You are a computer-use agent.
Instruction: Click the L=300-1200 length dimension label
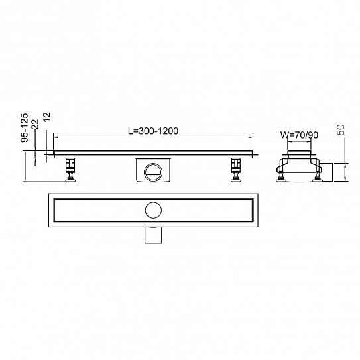(153, 131)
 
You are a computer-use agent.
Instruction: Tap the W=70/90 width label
(299, 135)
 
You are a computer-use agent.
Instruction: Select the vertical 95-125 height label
(25, 128)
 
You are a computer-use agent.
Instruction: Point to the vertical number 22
(36, 124)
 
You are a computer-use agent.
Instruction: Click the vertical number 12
(46, 118)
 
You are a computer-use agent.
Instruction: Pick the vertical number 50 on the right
(341, 130)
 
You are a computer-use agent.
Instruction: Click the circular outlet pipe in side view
(153, 172)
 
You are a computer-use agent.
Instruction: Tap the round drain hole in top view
(153, 210)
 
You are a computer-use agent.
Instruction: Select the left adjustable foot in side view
(70, 170)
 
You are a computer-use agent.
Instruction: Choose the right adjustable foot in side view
(236, 170)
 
